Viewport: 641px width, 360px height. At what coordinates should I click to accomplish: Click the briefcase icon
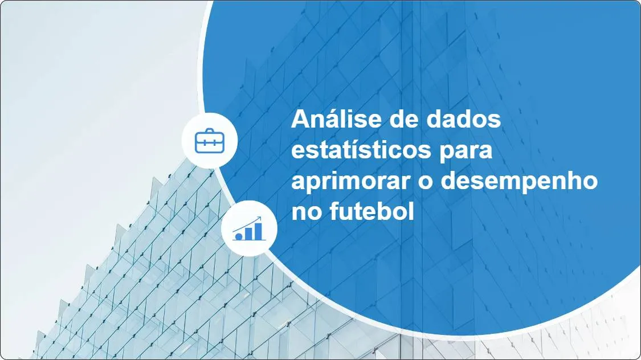pos(210,140)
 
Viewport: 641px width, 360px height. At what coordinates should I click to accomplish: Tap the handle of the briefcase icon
pos(210,132)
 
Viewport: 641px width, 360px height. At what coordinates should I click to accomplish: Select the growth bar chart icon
pos(249,229)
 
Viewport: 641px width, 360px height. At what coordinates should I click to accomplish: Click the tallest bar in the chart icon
pos(258,231)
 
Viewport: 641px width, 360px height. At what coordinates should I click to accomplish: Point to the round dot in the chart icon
pos(239,235)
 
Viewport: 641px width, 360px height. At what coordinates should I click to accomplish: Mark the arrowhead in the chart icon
pos(260,218)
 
